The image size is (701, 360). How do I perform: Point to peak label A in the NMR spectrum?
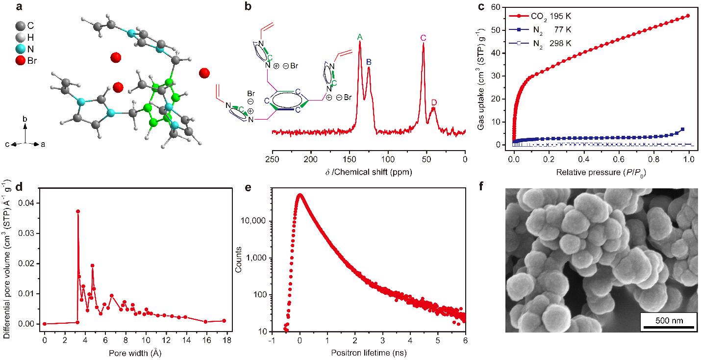point(360,37)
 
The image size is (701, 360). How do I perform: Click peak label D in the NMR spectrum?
point(433,102)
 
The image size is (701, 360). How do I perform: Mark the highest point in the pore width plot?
point(78,211)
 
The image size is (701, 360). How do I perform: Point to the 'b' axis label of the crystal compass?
point(25,119)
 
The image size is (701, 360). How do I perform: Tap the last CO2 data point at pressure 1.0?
point(688,16)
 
